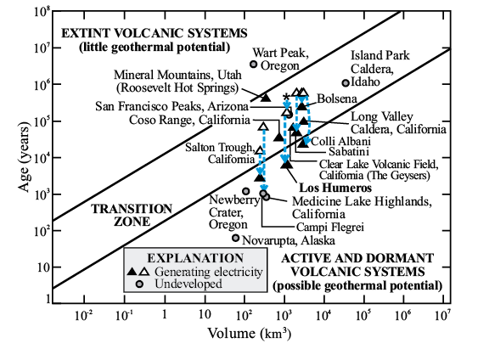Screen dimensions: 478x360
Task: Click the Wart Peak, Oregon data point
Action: [x=253, y=65]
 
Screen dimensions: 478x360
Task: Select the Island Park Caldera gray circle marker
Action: [x=346, y=83]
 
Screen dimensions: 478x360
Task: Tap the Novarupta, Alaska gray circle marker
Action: [x=236, y=238]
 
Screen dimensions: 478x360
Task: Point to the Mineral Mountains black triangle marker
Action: [x=266, y=98]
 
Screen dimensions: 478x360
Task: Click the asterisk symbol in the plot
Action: [x=286, y=98]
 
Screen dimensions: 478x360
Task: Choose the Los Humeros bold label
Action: [x=335, y=188]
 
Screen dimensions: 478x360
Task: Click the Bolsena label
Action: [x=337, y=98]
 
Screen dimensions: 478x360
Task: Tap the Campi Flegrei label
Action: [x=330, y=227]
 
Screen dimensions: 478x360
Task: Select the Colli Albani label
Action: [x=340, y=141]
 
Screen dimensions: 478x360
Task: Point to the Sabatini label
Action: [x=349, y=151]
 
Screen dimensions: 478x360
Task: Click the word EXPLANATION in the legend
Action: [x=195, y=258]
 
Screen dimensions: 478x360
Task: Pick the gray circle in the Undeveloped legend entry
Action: [x=139, y=284]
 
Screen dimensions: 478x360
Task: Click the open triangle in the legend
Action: [x=144, y=271]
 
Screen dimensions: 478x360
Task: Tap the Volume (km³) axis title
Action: [x=250, y=333]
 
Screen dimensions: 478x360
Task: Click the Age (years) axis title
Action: [x=24, y=157]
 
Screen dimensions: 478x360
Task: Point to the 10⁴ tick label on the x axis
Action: [x=323, y=316]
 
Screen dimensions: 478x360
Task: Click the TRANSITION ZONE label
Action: [x=132, y=215]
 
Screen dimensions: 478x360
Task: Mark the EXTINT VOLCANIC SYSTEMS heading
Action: [x=155, y=33]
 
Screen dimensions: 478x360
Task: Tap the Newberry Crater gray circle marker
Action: [x=245, y=191]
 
